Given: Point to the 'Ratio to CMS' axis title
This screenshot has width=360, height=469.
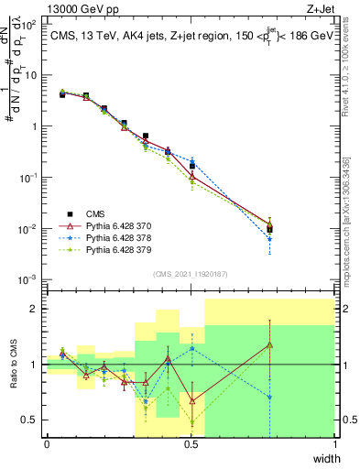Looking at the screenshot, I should click(x=12, y=365).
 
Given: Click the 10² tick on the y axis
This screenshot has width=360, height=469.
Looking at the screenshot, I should click(x=29, y=25).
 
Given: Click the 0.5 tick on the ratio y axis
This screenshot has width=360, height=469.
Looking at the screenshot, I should click(x=30, y=420).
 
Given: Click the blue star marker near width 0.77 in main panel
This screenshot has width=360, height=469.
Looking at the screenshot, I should click(x=269, y=239).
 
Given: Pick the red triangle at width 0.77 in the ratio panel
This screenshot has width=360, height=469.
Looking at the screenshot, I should click(x=269, y=344).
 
